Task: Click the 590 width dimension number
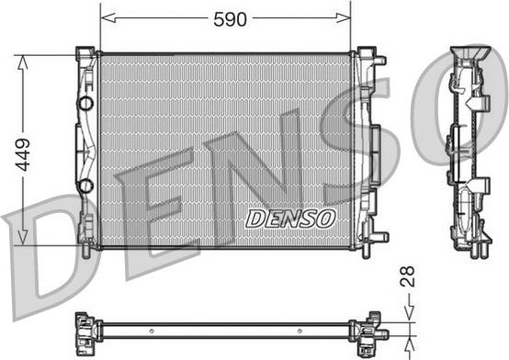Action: coord(230,19)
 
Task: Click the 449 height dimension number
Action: coord(23,154)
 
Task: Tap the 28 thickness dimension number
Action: coord(407,276)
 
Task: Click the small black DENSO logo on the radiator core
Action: coord(290,219)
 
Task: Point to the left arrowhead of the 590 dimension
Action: coord(108,17)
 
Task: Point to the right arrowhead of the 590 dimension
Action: coord(343,17)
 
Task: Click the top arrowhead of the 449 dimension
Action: coord(22,62)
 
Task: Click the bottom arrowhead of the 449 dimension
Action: coord(22,237)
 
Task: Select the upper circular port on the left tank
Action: coord(86,103)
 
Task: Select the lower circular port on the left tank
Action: coord(86,186)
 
